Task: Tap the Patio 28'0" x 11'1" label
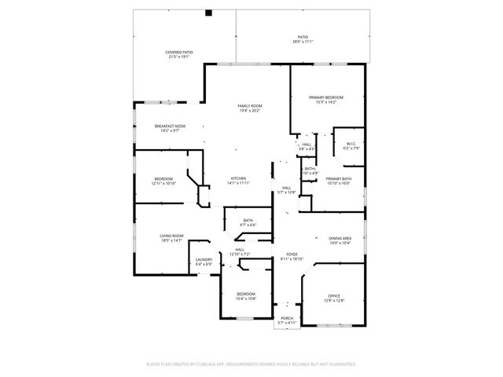coord(303,38)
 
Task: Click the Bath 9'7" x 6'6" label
coord(248,222)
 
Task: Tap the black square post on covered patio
coord(209,13)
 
